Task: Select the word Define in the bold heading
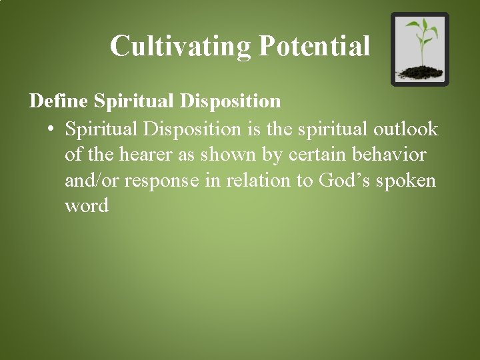(59, 101)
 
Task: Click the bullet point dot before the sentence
(51, 128)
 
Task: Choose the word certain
(318, 154)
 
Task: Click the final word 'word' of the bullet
(87, 205)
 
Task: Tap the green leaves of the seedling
(421, 30)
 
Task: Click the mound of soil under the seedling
(420, 72)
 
